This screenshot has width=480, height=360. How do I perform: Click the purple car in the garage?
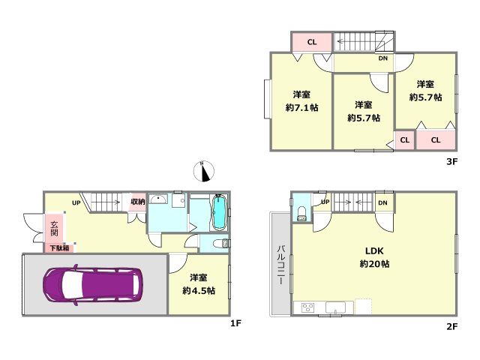[x=93, y=285]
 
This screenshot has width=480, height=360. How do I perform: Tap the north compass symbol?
[x=203, y=171]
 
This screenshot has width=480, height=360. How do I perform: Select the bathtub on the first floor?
[x=219, y=212]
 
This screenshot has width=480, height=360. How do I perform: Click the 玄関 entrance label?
[x=54, y=228]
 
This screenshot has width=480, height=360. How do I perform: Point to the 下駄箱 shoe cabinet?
[x=60, y=247]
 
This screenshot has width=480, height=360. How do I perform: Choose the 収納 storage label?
[x=138, y=202]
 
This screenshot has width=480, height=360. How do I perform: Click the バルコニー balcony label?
[x=280, y=265]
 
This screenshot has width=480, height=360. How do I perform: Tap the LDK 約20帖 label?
[x=374, y=257]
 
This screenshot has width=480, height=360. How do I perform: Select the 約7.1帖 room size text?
[x=301, y=108]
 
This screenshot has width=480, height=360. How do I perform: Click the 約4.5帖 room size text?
[x=199, y=290]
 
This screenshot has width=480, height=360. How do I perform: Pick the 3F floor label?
[x=451, y=161]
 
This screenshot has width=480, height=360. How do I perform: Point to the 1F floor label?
[x=235, y=323]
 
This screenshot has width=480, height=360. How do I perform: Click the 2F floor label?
[x=451, y=327]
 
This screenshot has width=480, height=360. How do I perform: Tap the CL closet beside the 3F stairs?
[x=312, y=42]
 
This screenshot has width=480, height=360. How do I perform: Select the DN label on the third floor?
[x=383, y=58]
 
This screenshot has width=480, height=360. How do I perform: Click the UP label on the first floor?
[x=76, y=202]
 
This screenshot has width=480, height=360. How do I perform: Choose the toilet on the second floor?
[x=301, y=213]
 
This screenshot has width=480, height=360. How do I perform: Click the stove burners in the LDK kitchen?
[x=307, y=307]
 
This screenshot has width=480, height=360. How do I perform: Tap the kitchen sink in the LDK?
[x=335, y=307]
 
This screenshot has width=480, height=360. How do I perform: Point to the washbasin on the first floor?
[x=159, y=199]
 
